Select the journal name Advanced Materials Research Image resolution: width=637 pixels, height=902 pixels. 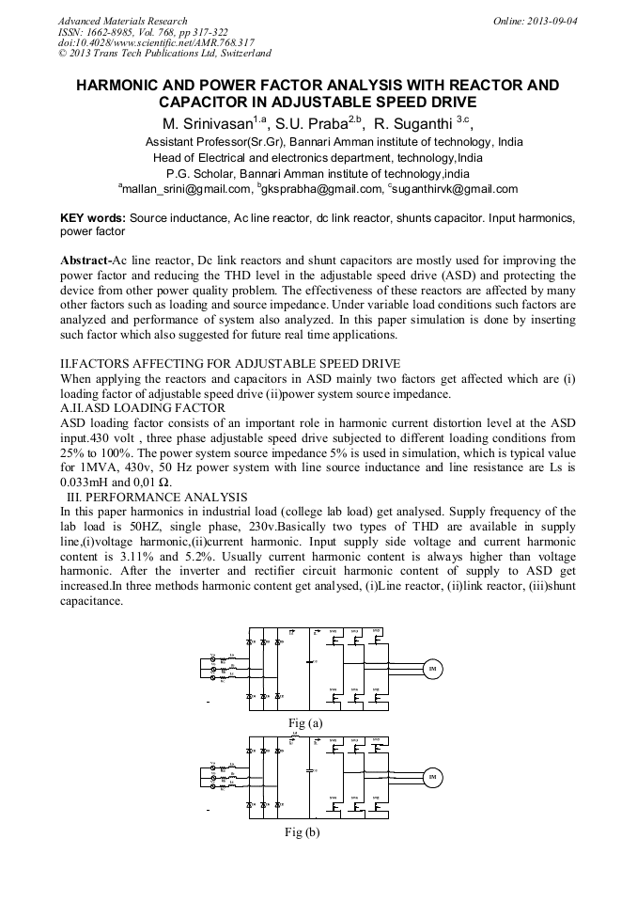click(x=122, y=20)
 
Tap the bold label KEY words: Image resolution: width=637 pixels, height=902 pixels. click(x=93, y=217)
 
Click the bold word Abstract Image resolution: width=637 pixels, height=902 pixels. click(x=85, y=260)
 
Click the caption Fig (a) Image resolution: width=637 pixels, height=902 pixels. click(x=302, y=722)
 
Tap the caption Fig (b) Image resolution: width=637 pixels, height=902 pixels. click(x=302, y=832)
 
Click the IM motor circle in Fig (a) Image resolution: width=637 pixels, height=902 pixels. click(x=432, y=669)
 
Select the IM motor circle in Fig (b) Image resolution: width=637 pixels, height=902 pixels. click(x=432, y=777)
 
